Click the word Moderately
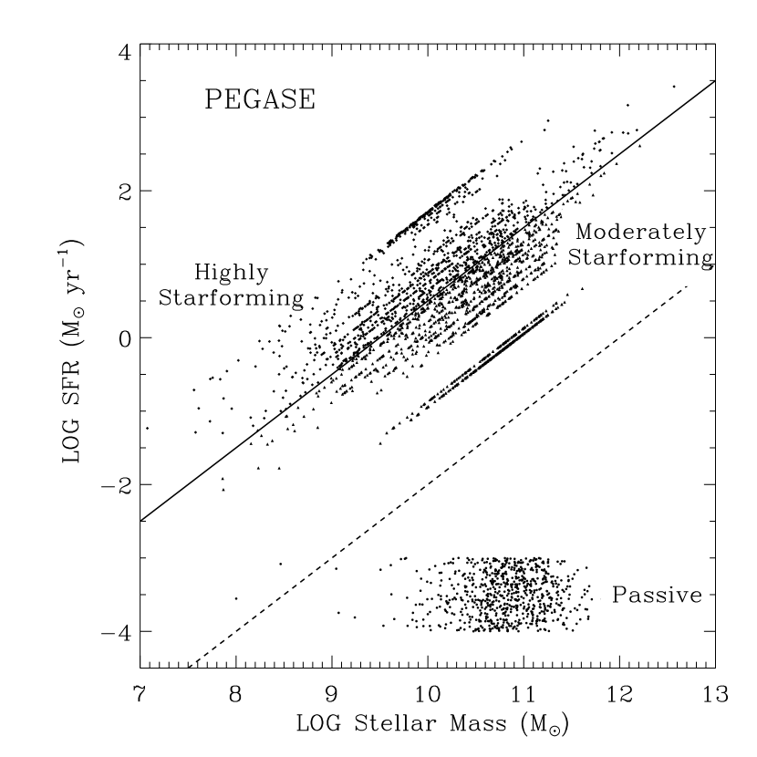tap(640, 233)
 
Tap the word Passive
tap(657, 596)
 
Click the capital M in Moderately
tap(585, 233)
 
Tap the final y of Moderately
tap(700, 234)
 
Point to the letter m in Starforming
tap(658, 259)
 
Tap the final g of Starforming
tap(701, 261)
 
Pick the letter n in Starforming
tap(687, 259)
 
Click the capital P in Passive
tap(620, 596)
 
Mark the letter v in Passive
tap(681, 596)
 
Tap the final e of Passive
tap(696, 596)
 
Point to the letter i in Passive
tap(670, 595)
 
